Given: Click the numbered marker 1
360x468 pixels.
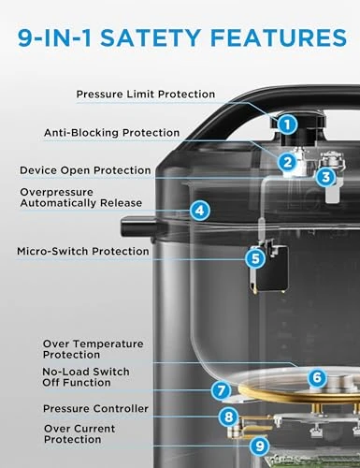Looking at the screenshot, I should (x=287, y=123).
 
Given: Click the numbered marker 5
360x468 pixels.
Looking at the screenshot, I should (x=254, y=257).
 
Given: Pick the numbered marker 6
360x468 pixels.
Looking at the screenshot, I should (x=317, y=377).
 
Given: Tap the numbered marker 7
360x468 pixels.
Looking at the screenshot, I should (x=220, y=391).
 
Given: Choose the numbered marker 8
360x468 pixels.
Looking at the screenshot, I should (x=227, y=417).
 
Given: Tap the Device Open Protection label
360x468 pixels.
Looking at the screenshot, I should (x=85, y=170).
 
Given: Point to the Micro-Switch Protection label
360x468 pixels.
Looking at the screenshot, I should (x=82, y=251).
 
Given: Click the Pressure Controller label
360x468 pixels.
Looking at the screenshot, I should (x=95, y=409).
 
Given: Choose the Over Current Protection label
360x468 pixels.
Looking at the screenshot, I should (x=79, y=433).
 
